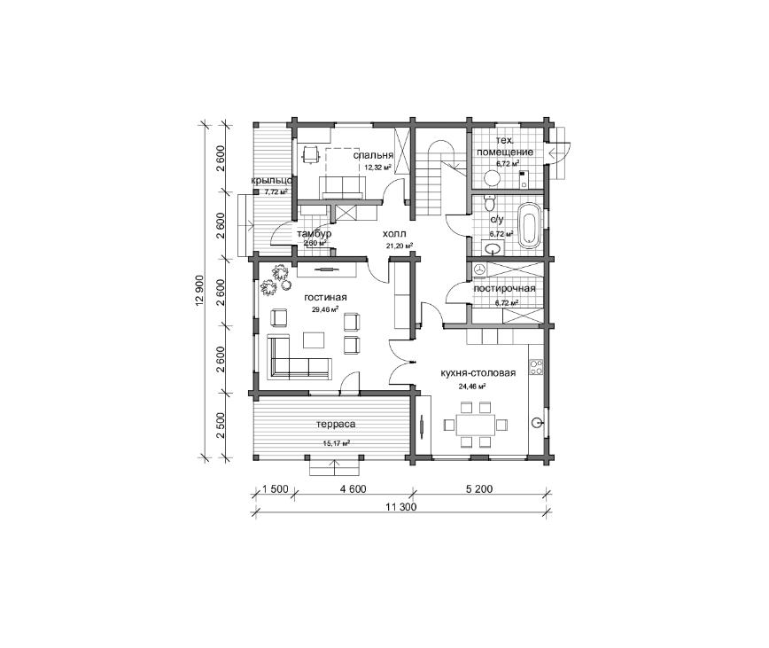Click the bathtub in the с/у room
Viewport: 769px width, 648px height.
[x=530, y=226]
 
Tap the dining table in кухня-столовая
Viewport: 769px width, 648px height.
[x=475, y=425]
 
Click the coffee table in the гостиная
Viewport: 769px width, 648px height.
[x=314, y=340]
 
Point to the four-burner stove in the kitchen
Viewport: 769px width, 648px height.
[x=536, y=367]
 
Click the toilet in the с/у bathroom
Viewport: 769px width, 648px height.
[x=489, y=201]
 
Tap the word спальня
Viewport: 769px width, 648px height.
[x=373, y=155]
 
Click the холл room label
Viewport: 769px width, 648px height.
[x=394, y=234]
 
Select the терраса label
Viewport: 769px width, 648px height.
[x=336, y=424]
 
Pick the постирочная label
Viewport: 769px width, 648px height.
[x=504, y=288]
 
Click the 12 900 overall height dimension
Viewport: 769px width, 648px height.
[x=199, y=291]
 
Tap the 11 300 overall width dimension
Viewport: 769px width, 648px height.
[x=400, y=507]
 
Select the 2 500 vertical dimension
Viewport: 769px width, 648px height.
[x=221, y=425]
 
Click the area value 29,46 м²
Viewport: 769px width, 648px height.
[x=325, y=309]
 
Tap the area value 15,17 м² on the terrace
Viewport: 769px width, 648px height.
[x=336, y=443]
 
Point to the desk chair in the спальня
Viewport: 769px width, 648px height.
[x=309, y=154]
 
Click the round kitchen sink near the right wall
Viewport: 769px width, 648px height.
[x=538, y=421]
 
